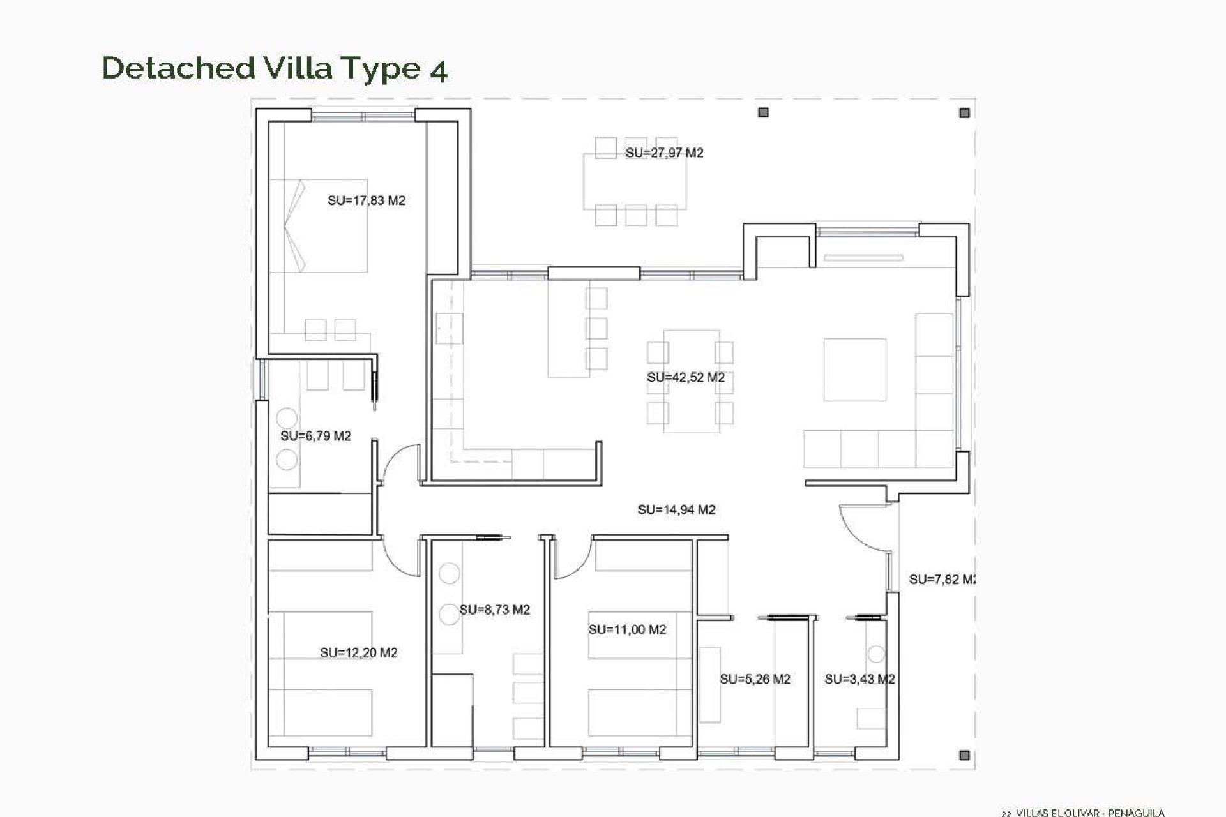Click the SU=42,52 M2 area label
point(686,377)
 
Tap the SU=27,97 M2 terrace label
point(664,153)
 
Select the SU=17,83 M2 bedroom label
point(367,200)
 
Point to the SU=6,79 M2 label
point(315,436)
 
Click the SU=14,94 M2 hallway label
point(676,509)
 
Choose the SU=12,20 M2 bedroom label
point(358,652)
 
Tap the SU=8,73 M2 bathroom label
point(494,610)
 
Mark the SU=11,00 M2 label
point(627,629)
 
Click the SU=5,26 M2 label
point(755,679)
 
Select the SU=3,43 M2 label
point(859,679)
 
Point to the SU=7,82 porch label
point(941,580)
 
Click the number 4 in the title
point(438,70)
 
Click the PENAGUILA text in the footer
point(1136,813)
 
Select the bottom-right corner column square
point(964,755)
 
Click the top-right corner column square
point(964,113)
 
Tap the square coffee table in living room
point(854,370)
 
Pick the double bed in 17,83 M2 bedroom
point(319,226)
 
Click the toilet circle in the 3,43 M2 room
point(876,654)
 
